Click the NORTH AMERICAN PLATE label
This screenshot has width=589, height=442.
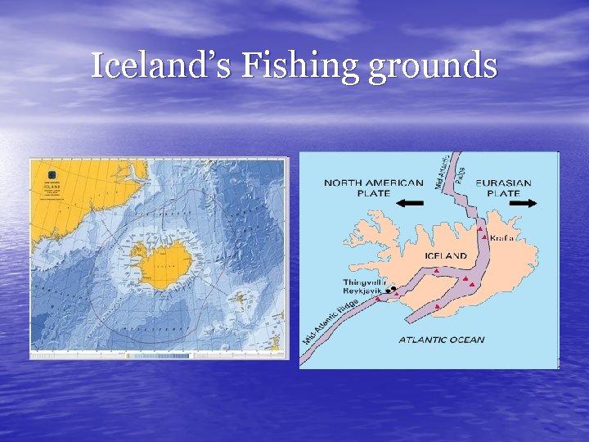pyautogui.click(x=374, y=187)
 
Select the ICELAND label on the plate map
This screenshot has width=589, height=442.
pyautogui.click(x=446, y=256)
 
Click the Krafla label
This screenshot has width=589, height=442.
pyautogui.click(x=504, y=237)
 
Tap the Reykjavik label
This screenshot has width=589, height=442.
pyautogui.click(x=362, y=291)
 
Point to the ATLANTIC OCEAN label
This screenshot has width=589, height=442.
pyautogui.click(x=441, y=340)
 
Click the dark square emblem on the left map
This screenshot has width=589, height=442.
pyautogui.click(x=51, y=174)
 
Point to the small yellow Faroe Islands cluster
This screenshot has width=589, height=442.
pyautogui.click(x=241, y=297)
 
